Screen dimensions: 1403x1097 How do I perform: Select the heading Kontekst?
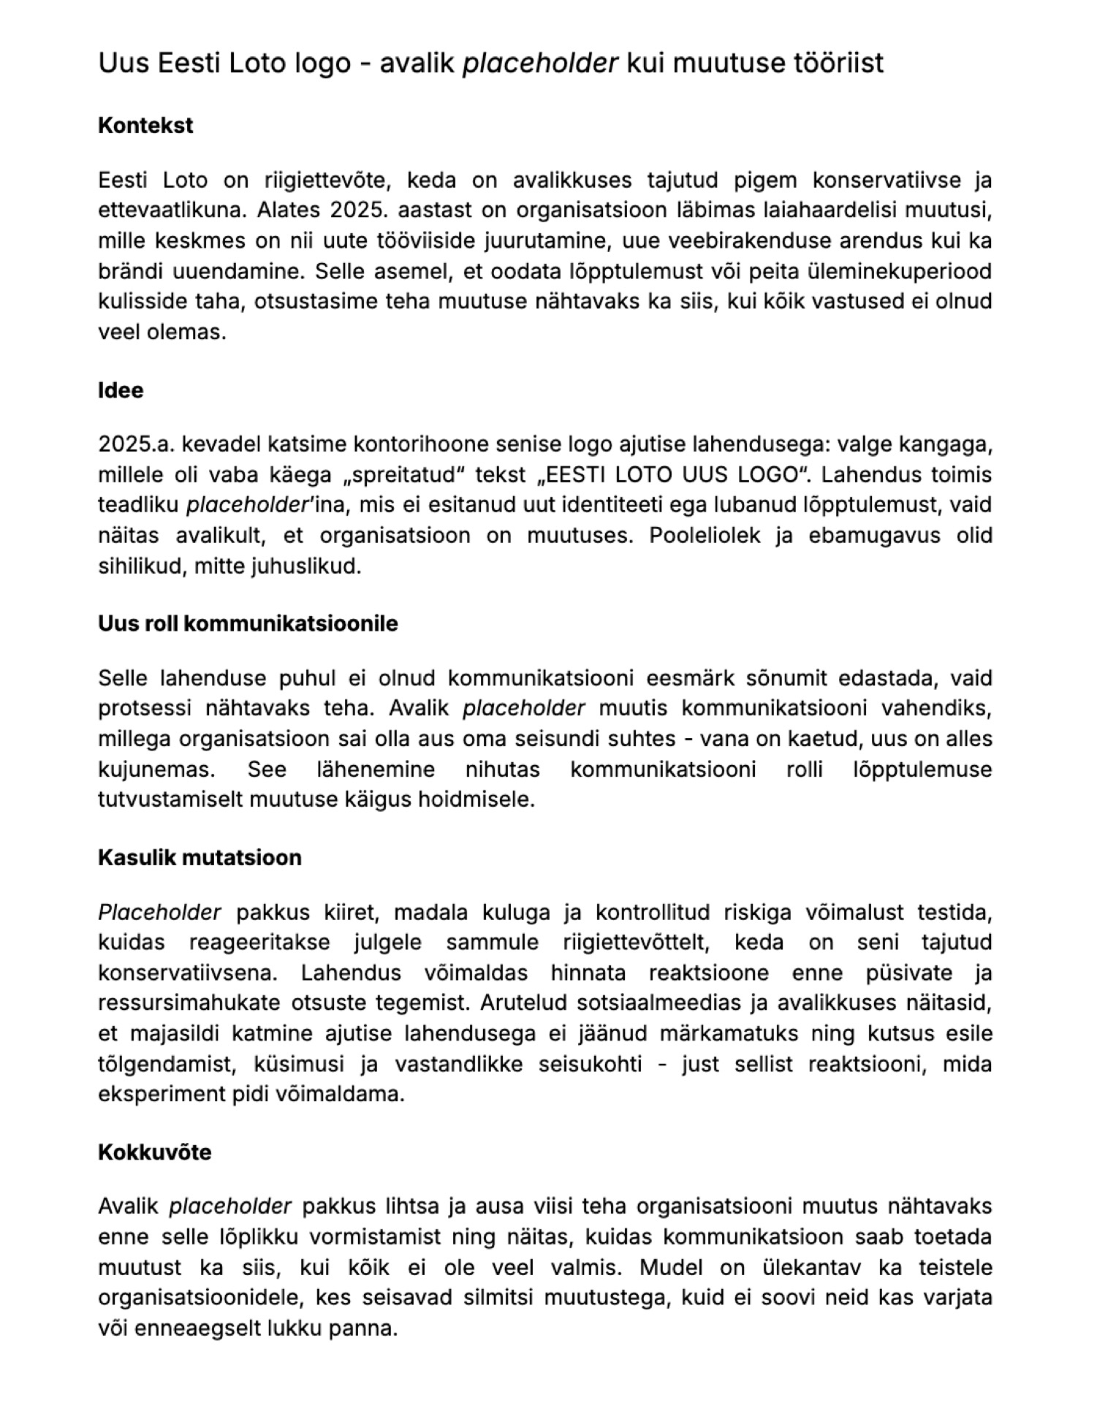145,125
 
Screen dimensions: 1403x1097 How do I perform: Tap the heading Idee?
121,390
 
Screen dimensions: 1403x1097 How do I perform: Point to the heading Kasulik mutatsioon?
200,857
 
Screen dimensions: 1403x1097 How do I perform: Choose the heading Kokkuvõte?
154,1152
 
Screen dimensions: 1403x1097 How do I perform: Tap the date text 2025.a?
134,444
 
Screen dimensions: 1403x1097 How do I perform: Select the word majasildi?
178,1033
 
